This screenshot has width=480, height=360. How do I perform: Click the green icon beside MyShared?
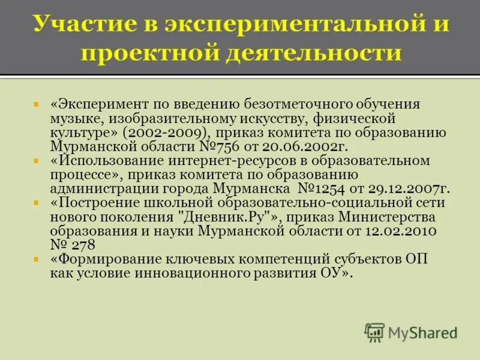coord(375,332)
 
